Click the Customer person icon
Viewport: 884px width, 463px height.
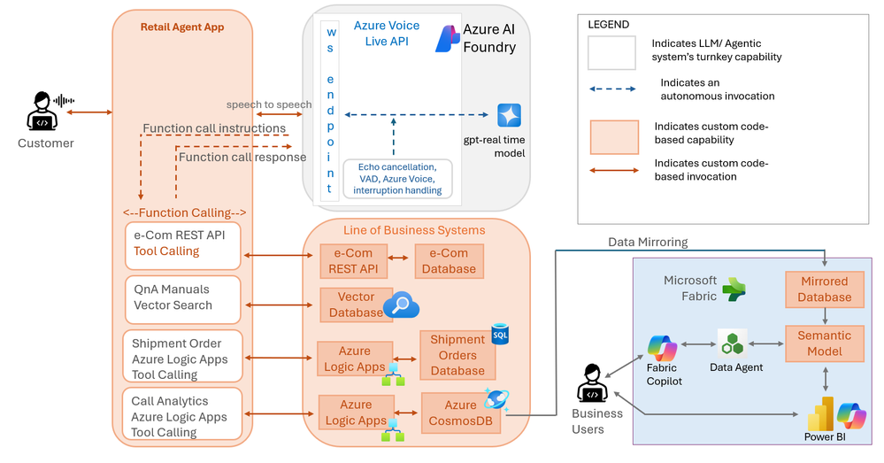[x=42, y=111]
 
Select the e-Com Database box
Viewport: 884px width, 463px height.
[x=449, y=261]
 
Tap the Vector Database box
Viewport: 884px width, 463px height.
[x=356, y=305]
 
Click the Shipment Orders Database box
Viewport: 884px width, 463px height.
[x=457, y=355]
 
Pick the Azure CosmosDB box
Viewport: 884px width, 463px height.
[x=461, y=413]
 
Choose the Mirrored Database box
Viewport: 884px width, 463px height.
[x=824, y=289]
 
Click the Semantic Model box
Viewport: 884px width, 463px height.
[x=824, y=343]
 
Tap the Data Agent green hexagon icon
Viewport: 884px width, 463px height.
[x=733, y=343]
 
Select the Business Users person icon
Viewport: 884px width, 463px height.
[x=592, y=383]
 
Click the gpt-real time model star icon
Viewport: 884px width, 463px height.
[x=509, y=115]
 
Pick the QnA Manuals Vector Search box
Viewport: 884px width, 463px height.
[x=183, y=299]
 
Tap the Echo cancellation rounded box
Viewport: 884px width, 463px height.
[x=397, y=179]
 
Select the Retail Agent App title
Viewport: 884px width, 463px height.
[x=182, y=27]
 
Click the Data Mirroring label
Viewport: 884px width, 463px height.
[x=648, y=242]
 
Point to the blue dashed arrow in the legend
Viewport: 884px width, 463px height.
[x=613, y=89]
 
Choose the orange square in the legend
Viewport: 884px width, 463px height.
[x=614, y=137]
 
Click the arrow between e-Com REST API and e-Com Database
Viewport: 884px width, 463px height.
[x=398, y=259]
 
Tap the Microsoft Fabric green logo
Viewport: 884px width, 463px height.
[x=734, y=289]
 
